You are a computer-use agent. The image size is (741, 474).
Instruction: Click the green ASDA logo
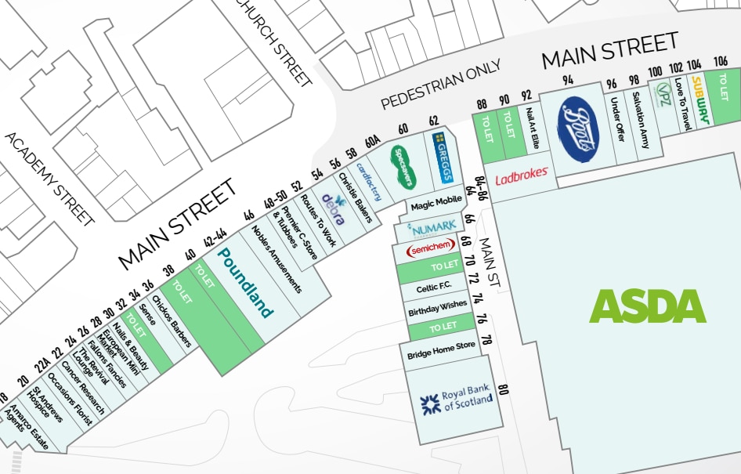pyautogui.click(x=647, y=306)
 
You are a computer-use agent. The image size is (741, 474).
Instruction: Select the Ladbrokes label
pyautogui.click(x=521, y=172)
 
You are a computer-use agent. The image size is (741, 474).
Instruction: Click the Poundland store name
pyautogui.click(x=245, y=283)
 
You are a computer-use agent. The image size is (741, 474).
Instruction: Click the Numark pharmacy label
pyautogui.click(x=433, y=226)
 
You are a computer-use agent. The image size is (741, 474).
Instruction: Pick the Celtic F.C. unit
pyautogui.click(x=428, y=289)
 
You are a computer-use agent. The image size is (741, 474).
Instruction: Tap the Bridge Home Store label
pyautogui.click(x=442, y=350)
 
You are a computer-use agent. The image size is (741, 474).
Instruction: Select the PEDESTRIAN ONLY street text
pyautogui.click(x=440, y=86)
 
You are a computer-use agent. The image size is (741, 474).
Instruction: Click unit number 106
pyautogui.click(x=721, y=62)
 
